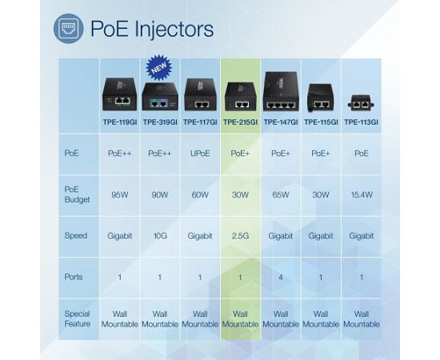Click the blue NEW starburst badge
point(159,68)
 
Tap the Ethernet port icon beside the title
point(69,29)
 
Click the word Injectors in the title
point(174,29)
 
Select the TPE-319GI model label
point(160,122)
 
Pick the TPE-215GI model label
point(240,122)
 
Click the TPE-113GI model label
point(361,122)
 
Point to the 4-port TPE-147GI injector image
point(281,91)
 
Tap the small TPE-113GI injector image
point(361,103)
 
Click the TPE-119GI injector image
point(120,94)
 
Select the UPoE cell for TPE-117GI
point(200,154)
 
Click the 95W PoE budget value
point(120,194)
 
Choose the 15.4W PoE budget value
point(362,194)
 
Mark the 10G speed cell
point(160,236)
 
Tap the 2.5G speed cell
point(240,236)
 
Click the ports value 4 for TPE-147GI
point(281,278)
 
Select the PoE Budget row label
point(77,194)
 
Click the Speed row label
point(76,236)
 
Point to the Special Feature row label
point(77,318)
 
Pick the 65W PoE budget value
point(281,194)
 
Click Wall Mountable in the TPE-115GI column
point(321,319)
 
